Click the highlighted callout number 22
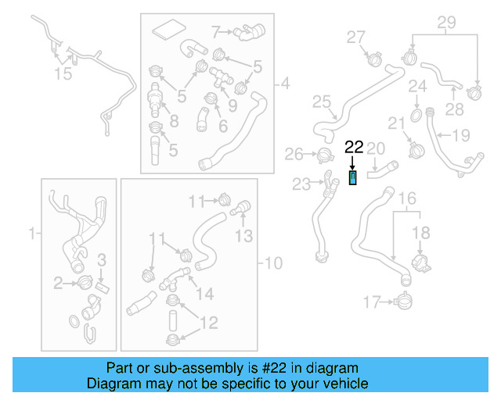[x=354, y=146]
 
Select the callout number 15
[x=62, y=74]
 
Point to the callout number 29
[x=445, y=23]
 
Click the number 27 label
[x=356, y=36]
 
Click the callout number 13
[x=245, y=235]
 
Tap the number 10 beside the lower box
[x=274, y=263]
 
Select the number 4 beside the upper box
[x=285, y=82]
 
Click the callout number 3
[x=101, y=259]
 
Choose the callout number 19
[x=461, y=135]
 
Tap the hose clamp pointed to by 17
[x=404, y=299]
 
